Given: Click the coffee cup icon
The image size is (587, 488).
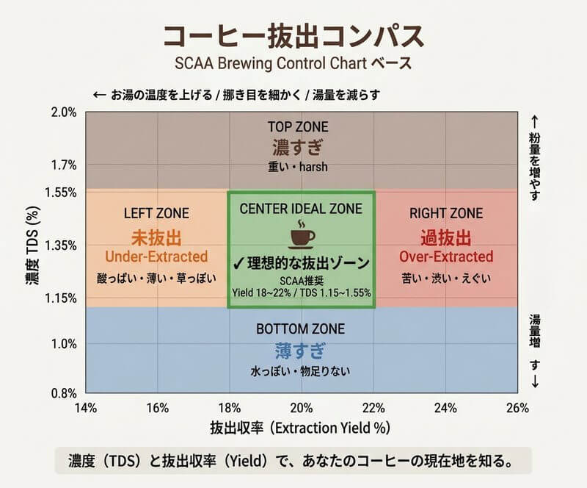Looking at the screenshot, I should (301, 234).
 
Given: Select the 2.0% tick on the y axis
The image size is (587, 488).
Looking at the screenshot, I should (64, 112).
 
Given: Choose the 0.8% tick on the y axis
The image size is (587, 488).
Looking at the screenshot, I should (64, 393).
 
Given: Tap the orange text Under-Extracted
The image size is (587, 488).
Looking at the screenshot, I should (156, 257).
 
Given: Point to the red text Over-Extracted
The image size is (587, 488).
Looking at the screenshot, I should (446, 257).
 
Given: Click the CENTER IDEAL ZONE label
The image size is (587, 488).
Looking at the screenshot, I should (301, 209).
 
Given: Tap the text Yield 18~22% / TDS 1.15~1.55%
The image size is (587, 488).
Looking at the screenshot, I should (301, 293).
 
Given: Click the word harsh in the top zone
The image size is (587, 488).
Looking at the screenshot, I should (314, 167).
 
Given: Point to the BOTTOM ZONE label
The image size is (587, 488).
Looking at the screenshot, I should (302, 329).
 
